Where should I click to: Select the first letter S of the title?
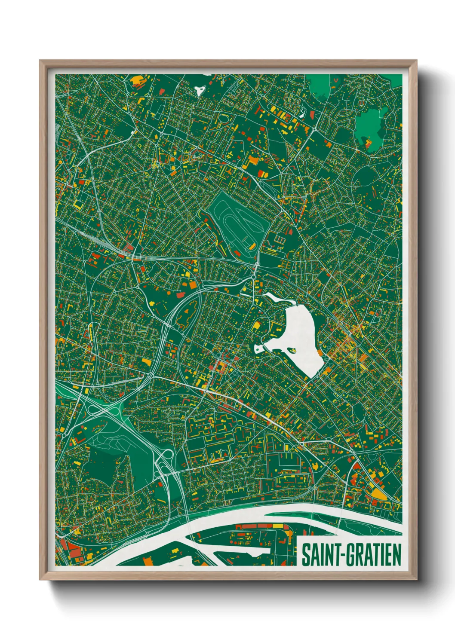pos(305,555)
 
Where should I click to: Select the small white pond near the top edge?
pos(199,90)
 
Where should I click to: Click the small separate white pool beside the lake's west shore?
pos(258,349)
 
